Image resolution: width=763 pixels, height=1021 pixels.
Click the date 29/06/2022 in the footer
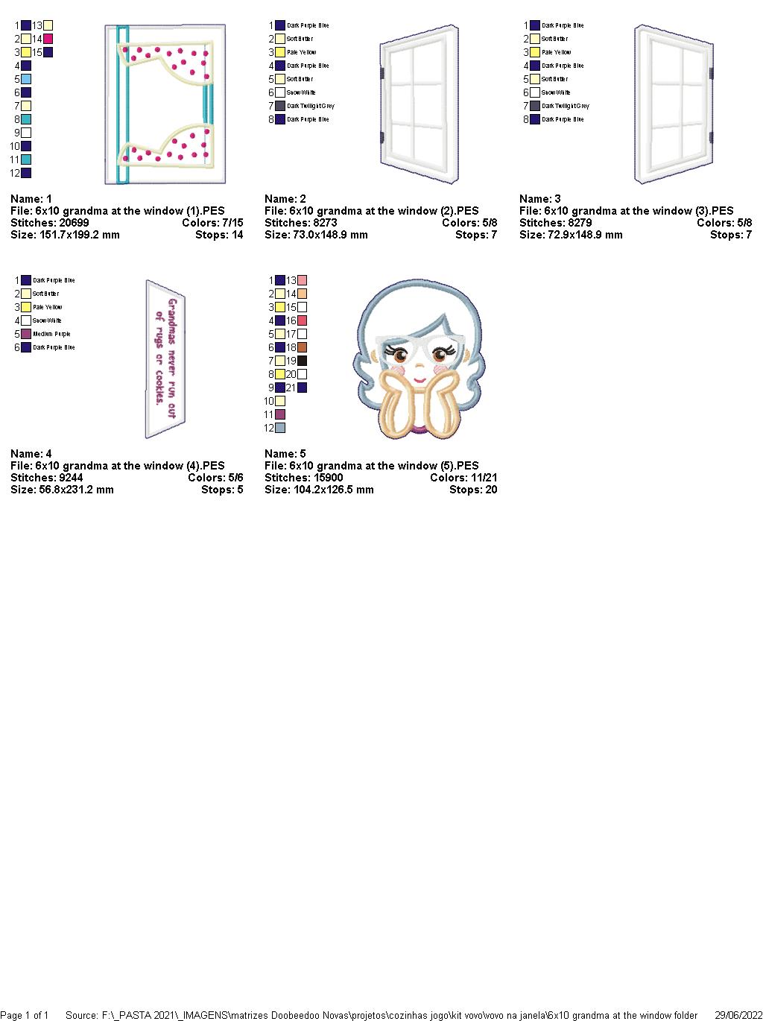point(738,1015)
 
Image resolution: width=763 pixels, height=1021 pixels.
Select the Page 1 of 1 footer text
point(25,1015)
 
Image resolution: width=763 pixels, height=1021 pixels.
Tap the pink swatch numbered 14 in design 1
point(48,39)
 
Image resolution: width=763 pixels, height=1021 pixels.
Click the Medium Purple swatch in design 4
point(26,334)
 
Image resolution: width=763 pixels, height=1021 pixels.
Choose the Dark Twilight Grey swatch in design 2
point(280,106)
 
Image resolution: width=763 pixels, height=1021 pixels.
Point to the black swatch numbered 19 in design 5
point(302,361)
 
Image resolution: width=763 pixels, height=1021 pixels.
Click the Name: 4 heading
point(31,454)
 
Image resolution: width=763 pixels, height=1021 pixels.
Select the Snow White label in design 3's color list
point(556,92)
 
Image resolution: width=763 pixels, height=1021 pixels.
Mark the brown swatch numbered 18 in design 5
point(302,347)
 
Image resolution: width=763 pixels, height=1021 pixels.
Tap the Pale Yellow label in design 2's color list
point(302,52)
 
